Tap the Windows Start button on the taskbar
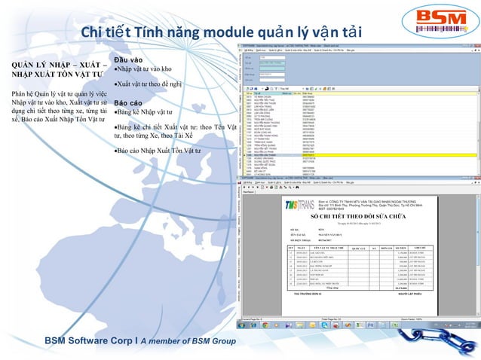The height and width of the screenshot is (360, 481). [244, 325]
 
